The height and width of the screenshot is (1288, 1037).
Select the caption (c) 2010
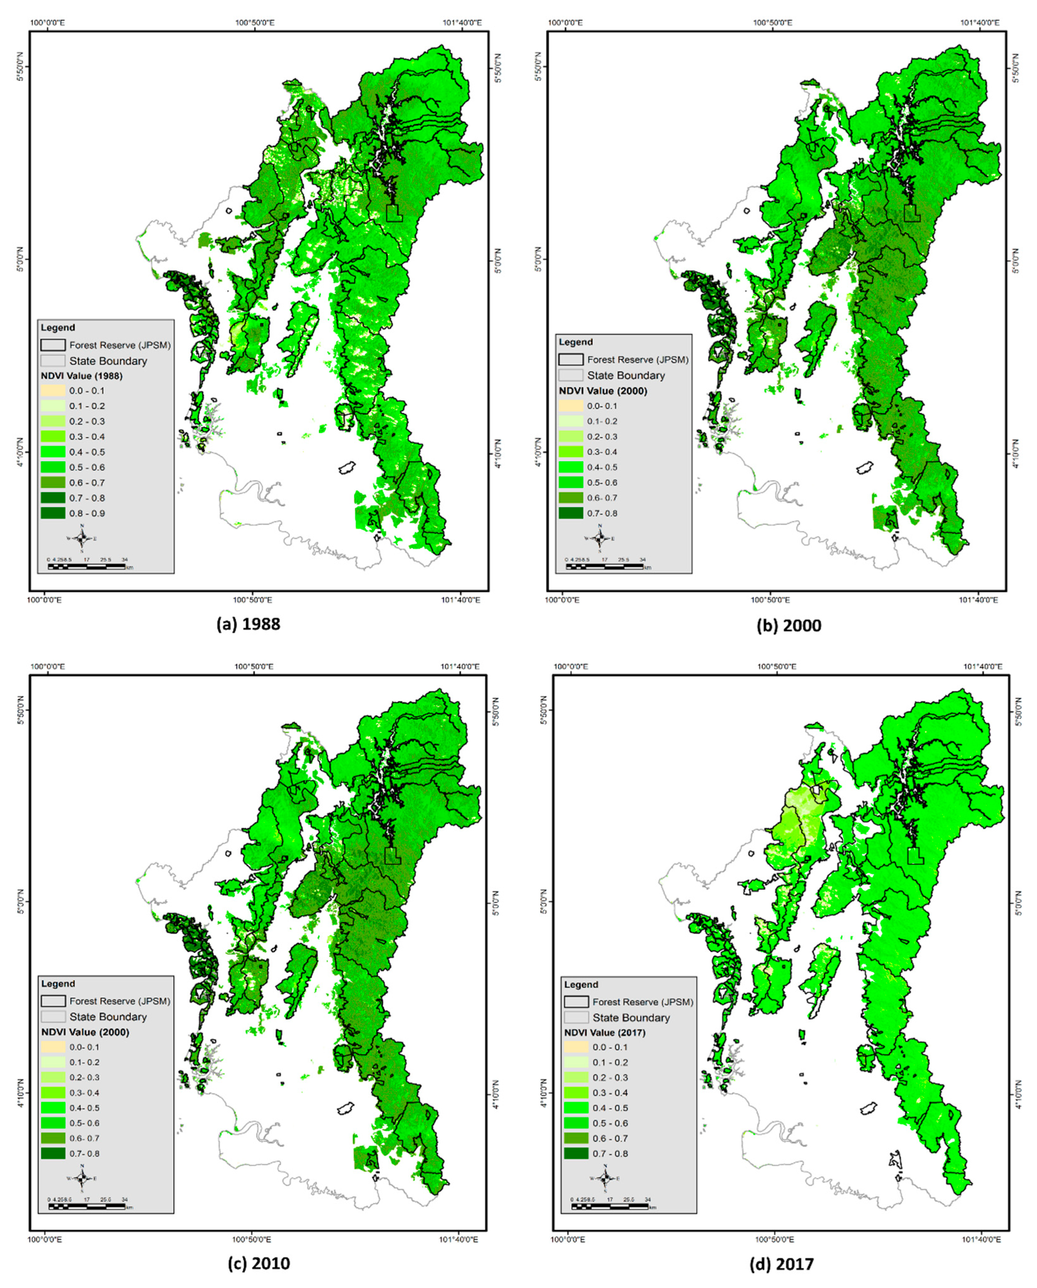pyautogui.click(x=259, y=1263)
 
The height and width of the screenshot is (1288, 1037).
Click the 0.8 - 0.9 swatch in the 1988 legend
pyautogui.click(x=52, y=513)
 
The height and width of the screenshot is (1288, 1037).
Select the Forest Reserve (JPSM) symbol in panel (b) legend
pyautogui.click(x=571, y=360)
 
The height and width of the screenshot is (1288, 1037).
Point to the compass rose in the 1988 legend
pyautogui.click(x=82, y=538)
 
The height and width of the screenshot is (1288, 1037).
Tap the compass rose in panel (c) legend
pyautogui.click(x=82, y=1178)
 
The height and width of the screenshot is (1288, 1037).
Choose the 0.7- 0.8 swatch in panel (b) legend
pyautogui.click(x=571, y=513)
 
